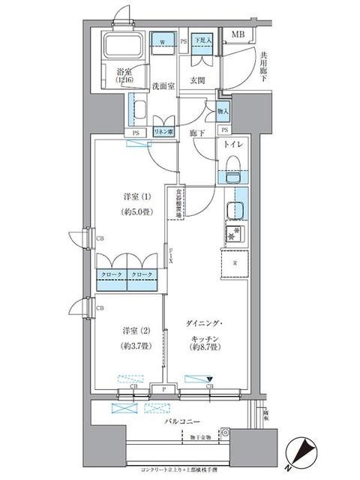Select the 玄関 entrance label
pyautogui.click(x=198, y=80)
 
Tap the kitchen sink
pyautogui.click(x=235, y=210)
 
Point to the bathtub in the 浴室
pyautogui.click(x=122, y=48)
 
